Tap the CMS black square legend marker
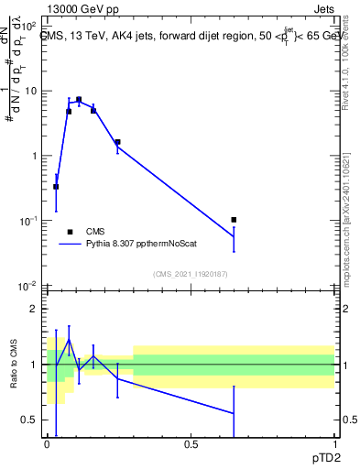click(x=70, y=232)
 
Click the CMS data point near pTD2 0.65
click(x=234, y=220)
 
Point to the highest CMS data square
click(x=79, y=99)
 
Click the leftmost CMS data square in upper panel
click(x=56, y=187)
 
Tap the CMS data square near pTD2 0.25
click(x=117, y=142)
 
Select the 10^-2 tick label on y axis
click(x=28, y=286)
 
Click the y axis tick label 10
click(x=31, y=91)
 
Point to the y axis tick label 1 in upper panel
click(x=35, y=156)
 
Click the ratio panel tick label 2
click(x=35, y=309)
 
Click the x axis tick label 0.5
click(x=191, y=444)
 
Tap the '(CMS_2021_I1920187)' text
click(x=190, y=274)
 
